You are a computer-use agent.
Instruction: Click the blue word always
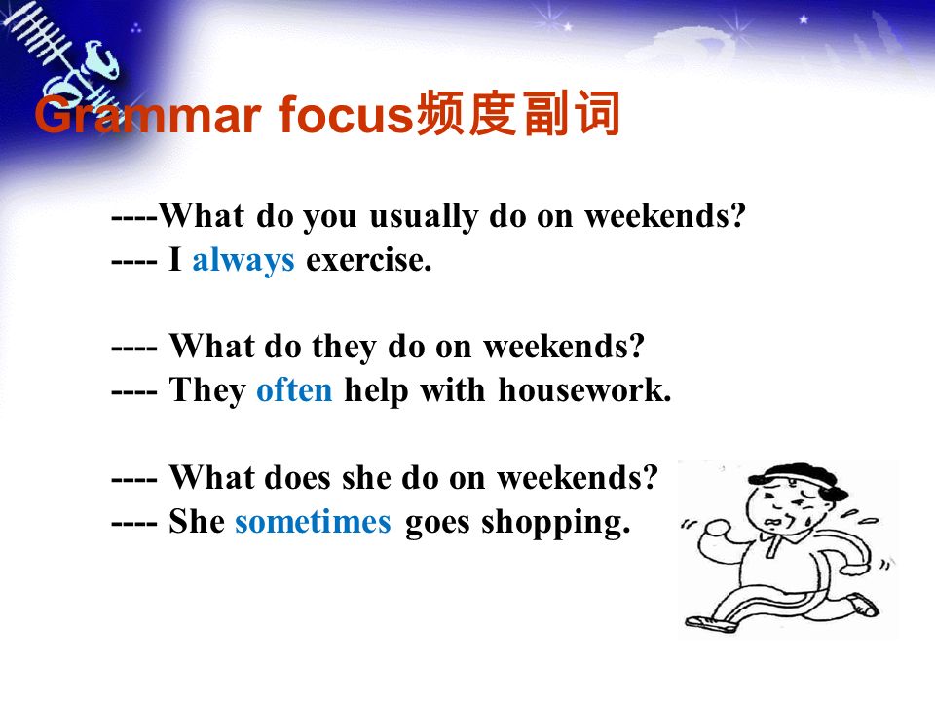[x=243, y=261]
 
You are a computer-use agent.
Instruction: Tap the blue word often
[x=294, y=390]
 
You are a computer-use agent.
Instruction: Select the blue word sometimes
[x=313, y=522]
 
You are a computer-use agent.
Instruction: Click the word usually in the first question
[x=424, y=216]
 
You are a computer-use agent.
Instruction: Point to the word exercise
[x=368, y=261]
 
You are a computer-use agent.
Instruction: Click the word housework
[x=584, y=390]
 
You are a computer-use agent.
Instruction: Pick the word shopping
[x=555, y=523]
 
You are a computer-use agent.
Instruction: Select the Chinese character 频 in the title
[x=438, y=113]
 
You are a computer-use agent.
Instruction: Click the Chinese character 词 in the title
[x=597, y=113]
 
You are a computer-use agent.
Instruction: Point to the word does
[x=297, y=478]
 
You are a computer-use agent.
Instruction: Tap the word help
[x=378, y=390]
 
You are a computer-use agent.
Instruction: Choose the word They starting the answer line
[x=207, y=391]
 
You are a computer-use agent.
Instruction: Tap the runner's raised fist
[x=718, y=528]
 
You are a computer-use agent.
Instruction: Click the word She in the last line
[x=196, y=522]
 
